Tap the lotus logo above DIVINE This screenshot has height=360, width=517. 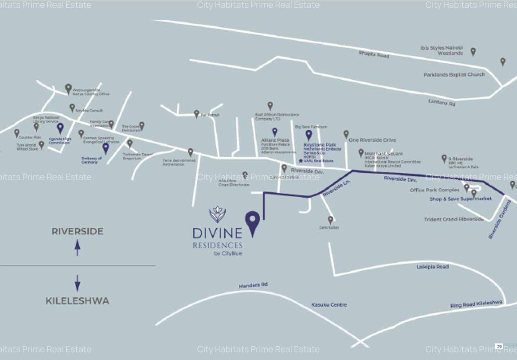pyautogui.click(x=217, y=214)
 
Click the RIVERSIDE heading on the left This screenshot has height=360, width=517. pyautogui.click(x=78, y=231)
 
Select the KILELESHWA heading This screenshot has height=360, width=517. pyautogui.click(x=78, y=301)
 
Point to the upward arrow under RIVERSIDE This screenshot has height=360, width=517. pyautogui.click(x=78, y=247)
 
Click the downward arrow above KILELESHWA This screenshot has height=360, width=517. pyautogui.click(x=78, y=283)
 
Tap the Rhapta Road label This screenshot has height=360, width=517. pyautogui.click(x=374, y=54)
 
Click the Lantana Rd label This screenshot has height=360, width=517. pyautogui.click(x=442, y=103)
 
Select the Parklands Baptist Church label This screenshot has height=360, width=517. pyautogui.click(x=454, y=74)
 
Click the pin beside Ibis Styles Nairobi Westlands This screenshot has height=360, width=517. pyautogui.click(x=473, y=52)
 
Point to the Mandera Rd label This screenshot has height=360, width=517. pyautogui.click(x=253, y=285)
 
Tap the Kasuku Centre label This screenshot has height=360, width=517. pyautogui.click(x=329, y=305)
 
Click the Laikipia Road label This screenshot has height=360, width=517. pyautogui.click(x=433, y=267)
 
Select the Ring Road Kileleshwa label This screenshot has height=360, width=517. pyautogui.click(x=477, y=304)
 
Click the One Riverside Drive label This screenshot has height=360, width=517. pyautogui.click(x=372, y=140)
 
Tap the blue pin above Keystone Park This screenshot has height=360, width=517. pyautogui.click(x=308, y=135)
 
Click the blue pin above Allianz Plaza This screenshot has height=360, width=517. pyautogui.click(x=274, y=132)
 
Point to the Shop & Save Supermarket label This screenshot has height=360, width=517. pyautogui.click(x=461, y=199)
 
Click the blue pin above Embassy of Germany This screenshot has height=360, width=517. pyautogui.click(x=106, y=148)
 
